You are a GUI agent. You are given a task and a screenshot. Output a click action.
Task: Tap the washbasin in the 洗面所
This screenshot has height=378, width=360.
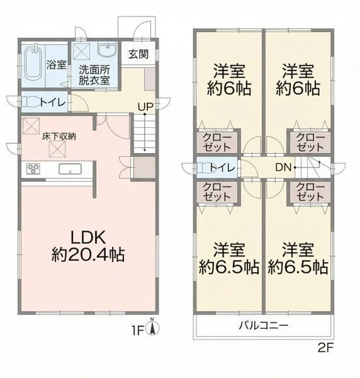click(107, 50)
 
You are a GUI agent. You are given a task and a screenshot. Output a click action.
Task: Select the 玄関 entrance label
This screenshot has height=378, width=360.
click(138, 54)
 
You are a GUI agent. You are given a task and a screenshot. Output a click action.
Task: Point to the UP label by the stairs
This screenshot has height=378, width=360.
click(145, 106)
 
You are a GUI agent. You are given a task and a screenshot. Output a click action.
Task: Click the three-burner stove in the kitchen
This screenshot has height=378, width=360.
click(33, 168)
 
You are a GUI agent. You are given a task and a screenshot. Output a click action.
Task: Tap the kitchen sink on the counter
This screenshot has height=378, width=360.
click(70, 168)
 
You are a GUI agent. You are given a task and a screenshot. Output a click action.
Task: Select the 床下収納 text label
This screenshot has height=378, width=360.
click(59, 137)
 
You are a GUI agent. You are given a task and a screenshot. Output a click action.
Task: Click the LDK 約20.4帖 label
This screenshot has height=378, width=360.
click(88, 246)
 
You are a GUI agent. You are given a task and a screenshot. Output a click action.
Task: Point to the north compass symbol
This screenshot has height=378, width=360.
click(152, 328)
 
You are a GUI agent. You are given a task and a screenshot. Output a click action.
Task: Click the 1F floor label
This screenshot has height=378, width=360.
click(137, 331)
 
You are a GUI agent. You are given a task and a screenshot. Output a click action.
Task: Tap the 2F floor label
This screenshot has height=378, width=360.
click(325, 348)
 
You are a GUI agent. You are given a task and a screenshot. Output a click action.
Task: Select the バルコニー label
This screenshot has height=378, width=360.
click(264, 326)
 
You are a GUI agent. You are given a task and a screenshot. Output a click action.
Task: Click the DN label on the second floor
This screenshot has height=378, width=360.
click(284, 168)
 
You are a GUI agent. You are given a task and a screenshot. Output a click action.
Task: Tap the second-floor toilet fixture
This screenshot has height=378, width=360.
click(203, 168)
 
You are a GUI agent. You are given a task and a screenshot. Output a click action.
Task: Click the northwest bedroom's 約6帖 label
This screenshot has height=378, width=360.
click(229, 88)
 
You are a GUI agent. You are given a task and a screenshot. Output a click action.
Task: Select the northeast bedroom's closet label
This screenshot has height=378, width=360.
click(310, 142)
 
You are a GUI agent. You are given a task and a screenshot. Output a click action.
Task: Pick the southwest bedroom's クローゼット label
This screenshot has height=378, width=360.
click(217, 192)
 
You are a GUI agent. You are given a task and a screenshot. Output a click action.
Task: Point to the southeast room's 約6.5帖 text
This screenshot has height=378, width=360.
click(298, 266)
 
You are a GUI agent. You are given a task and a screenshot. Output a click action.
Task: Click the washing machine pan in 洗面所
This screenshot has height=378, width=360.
click(81, 52)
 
